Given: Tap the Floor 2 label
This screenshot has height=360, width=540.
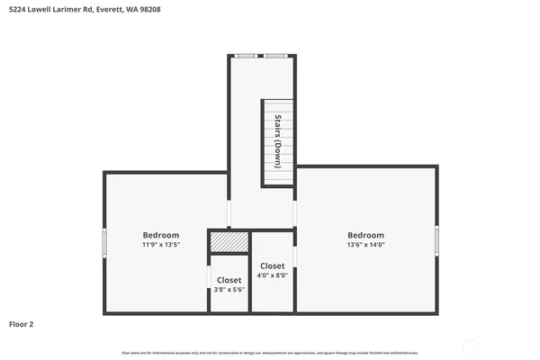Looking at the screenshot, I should click(22, 323).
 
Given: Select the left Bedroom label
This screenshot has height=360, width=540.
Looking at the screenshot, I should click(161, 235).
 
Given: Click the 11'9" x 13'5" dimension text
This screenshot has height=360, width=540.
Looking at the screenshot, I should click(161, 244).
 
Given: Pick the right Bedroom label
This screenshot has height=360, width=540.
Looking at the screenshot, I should click(365, 235).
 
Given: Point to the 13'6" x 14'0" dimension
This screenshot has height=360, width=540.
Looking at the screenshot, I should click(365, 244).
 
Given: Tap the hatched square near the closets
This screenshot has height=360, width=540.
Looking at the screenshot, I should click(229, 242).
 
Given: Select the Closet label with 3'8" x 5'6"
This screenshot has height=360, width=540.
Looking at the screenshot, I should click(229, 280).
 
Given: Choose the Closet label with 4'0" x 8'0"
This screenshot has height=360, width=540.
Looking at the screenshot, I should click(273, 266).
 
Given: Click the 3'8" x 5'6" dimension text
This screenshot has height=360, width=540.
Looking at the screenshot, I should click(229, 289).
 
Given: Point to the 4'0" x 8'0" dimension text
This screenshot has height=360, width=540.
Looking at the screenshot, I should click(273, 276).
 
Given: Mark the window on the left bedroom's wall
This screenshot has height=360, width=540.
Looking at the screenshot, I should click(104, 241).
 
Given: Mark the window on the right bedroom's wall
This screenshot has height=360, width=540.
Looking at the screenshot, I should click(438, 240).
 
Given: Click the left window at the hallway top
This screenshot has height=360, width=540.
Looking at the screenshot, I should click(245, 56).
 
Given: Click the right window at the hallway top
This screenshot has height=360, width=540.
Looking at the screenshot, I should click(275, 56).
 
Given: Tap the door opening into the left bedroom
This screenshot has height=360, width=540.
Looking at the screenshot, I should click(229, 213).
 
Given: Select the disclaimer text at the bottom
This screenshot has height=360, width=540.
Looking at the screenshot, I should click(270, 353).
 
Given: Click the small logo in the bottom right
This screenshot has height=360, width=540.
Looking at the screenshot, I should click(426, 352).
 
